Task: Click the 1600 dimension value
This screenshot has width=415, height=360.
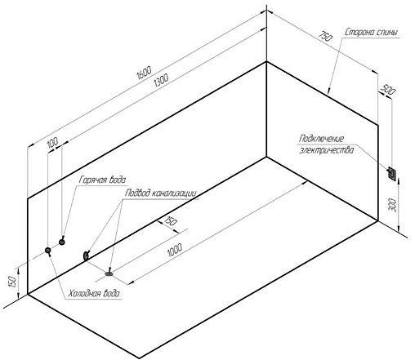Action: [144, 73]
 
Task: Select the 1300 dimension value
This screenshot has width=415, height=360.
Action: [161, 81]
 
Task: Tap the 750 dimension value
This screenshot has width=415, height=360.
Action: [326, 36]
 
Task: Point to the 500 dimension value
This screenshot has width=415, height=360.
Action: [388, 90]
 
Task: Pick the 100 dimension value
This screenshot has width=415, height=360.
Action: [52, 143]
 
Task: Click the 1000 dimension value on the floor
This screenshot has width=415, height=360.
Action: [175, 251]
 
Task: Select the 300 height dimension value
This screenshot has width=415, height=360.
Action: [393, 205]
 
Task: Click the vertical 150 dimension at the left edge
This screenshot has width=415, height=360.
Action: [11, 282]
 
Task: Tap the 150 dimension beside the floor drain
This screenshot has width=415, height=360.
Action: [171, 221]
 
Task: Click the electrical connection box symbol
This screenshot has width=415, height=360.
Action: [392, 173]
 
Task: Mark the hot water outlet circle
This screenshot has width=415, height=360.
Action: [62, 242]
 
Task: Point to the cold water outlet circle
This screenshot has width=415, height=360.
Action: [48, 251]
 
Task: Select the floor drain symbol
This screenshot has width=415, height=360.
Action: [109, 273]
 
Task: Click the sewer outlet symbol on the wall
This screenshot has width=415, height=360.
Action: [86, 256]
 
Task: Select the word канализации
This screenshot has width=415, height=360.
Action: [174, 193]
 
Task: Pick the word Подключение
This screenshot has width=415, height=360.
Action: [321, 139]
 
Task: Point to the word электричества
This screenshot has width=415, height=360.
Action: [327, 150]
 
